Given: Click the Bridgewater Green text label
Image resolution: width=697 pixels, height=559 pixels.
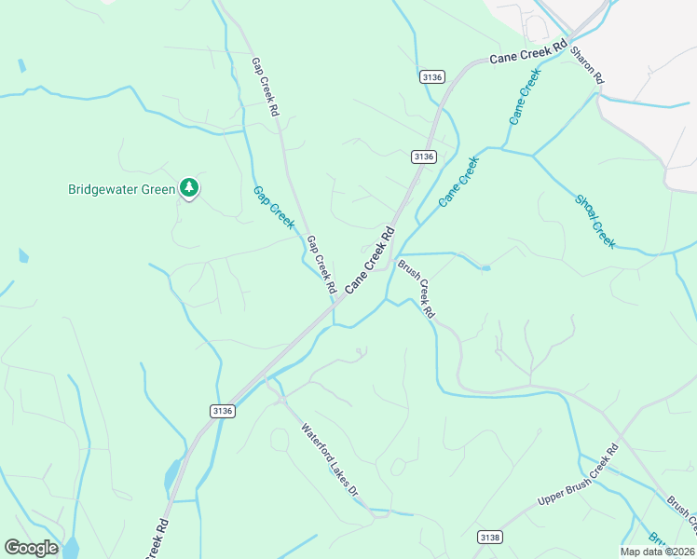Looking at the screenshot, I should [x=122, y=189].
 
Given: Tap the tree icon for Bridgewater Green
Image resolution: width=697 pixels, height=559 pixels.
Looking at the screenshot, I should [x=190, y=188].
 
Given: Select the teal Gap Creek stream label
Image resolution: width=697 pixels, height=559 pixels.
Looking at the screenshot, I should [x=274, y=207].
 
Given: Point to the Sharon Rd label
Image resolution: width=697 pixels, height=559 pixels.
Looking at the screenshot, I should [x=588, y=66].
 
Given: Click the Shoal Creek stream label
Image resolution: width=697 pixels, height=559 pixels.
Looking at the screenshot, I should [x=595, y=221].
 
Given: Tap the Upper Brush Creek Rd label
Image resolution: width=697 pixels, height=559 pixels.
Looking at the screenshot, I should [x=579, y=476].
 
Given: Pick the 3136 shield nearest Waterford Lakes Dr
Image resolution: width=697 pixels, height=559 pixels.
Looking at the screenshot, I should [x=222, y=410].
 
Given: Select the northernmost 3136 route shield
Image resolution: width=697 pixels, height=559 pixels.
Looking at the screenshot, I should [x=431, y=77].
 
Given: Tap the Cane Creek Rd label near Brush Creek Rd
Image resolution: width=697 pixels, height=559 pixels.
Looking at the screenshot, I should [x=371, y=261].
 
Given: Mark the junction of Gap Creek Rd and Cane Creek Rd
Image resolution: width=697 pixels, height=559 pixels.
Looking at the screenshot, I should [x=333, y=308].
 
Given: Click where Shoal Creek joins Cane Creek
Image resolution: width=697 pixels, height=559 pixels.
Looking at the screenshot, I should [x=532, y=155].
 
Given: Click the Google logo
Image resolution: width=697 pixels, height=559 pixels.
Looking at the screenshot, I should [x=31, y=548].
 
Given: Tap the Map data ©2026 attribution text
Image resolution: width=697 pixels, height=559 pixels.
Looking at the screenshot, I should [x=657, y=552].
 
